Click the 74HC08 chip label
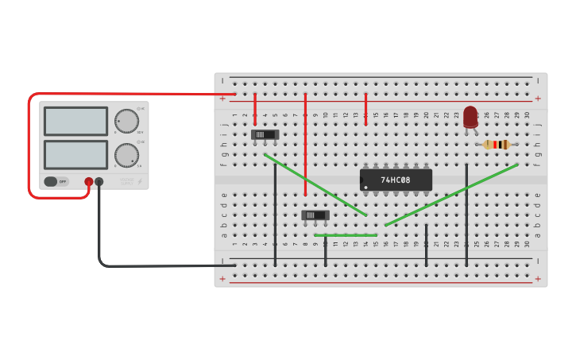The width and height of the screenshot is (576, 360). point(396,180)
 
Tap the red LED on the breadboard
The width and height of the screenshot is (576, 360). point(470,116)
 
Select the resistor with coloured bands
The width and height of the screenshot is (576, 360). point(497,144)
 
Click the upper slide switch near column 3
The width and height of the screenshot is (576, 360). point(265,134)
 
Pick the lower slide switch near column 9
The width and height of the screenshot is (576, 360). point(315,215)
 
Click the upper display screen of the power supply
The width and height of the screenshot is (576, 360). point(75,121)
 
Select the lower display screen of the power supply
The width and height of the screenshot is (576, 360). point(75,154)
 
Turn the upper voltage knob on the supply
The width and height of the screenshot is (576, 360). point(126,121)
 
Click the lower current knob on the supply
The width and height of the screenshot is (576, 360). point(126,155)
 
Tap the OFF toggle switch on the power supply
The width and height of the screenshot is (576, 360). point(56,181)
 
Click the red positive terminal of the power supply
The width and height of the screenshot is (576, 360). point(88,182)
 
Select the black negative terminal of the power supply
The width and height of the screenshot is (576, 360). point(99,182)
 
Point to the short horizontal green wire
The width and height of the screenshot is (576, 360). point(346,235)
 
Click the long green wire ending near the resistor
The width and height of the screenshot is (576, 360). point(451,195)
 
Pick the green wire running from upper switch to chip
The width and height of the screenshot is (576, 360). point(315,185)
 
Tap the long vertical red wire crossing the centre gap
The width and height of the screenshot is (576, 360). point(305,144)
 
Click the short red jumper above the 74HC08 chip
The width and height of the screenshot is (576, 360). point(365,109)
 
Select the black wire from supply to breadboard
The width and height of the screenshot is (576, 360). point(143,265)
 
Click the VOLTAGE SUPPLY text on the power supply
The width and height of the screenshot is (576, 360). point(127,181)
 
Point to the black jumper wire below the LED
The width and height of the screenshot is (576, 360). point(466,215)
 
